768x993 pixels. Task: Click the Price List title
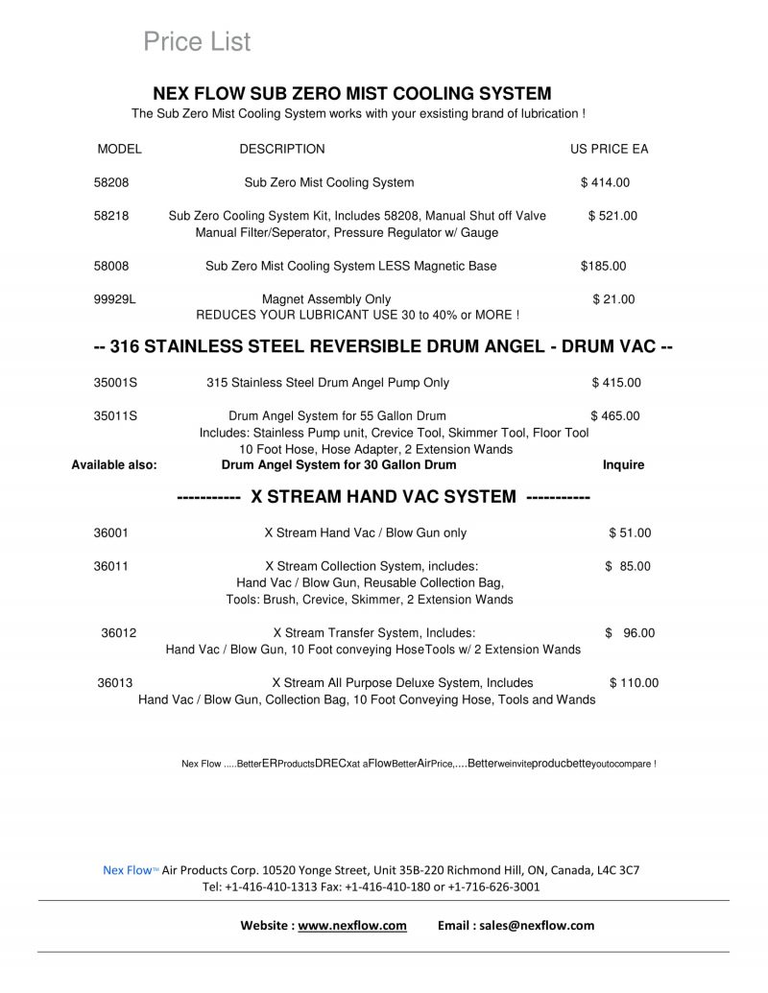point(197,41)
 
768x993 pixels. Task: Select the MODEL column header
point(119,149)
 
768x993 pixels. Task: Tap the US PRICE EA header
point(610,149)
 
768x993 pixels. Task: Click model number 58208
point(111,182)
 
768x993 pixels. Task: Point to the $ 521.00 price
point(612,216)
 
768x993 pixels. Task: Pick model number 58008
point(111,266)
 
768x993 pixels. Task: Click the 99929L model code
point(115,299)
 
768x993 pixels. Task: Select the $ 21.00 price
point(613,299)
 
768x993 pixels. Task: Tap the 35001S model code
point(115,383)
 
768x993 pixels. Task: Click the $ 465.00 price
point(615,415)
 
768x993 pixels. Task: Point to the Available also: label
point(114,465)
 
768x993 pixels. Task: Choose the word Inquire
point(623,465)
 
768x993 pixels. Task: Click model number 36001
point(111,532)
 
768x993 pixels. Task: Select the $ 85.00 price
point(628,566)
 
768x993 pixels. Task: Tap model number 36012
point(119,633)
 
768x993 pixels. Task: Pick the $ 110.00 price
point(634,683)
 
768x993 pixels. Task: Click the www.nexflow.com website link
point(352,926)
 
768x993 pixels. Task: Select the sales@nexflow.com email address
point(542,926)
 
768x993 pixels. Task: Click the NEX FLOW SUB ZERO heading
point(352,94)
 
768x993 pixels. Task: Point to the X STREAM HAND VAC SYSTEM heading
point(384,497)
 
